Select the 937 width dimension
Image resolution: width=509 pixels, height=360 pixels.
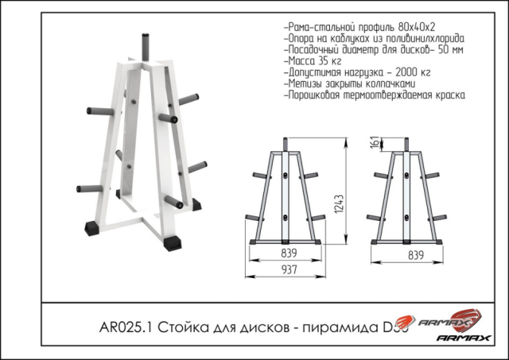[x=288, y=269]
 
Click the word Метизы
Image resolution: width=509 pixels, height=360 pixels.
[x=303, y=83]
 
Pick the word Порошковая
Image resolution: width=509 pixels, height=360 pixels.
[x=314, y=95]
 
